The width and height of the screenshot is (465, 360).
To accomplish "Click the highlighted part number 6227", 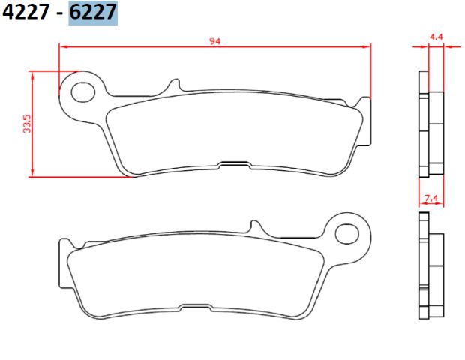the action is (93, 13).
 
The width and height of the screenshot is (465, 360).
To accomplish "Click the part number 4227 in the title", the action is (25, 13).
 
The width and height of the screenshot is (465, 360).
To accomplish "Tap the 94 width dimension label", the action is (215, 41).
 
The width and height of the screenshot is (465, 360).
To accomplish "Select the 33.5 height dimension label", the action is (27, 124).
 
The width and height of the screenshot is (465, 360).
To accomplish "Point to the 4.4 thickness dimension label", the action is (436, 37).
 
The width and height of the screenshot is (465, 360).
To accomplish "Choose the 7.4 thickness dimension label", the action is (431, 198).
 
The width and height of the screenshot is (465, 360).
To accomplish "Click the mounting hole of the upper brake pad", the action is (83, 92).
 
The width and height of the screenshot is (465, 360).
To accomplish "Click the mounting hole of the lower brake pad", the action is (347, 234).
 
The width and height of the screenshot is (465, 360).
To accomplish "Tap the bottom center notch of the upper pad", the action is (235, 165).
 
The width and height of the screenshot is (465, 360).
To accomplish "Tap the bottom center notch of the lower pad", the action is (195, 307).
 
